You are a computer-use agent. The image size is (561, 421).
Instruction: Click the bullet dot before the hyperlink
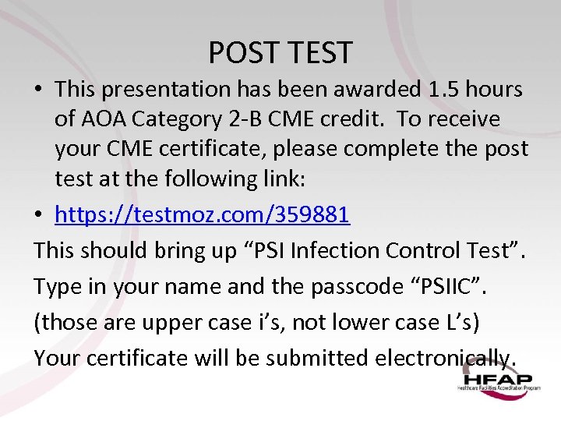click(x=40, y=215)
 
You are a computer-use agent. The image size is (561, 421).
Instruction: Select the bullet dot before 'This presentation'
click(x=40, y=90)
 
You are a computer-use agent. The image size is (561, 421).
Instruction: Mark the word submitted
click(x=316, y=358)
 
